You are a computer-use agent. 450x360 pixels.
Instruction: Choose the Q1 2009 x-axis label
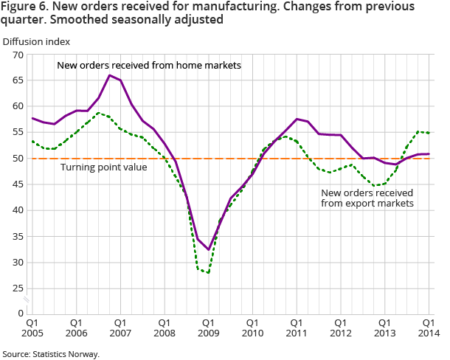click(x=209, y=328)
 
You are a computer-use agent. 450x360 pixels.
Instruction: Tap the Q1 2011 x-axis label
click(x=297, y=328)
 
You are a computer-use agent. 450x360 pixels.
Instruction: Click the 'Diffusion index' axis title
click(x=37, y=41)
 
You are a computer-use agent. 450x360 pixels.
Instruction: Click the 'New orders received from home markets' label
click(x=150, y=66)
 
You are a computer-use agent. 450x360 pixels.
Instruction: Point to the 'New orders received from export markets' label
click(x=367, y=198)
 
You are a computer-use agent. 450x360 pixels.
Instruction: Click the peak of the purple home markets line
click(x=109, y=75)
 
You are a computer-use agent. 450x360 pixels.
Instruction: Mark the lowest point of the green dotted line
click(x=209, y=273)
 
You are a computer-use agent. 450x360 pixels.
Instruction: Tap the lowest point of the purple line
click(x=209, y=250)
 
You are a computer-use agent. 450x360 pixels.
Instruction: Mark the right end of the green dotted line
click(x=429, y=133)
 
